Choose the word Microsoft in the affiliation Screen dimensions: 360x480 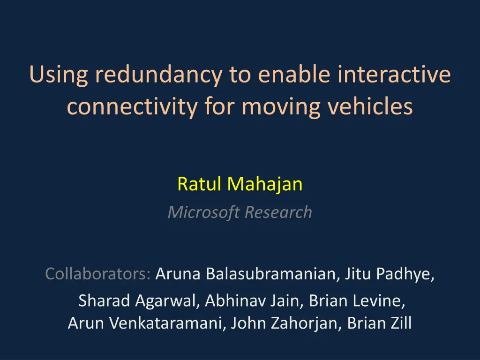coord(204,212)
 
